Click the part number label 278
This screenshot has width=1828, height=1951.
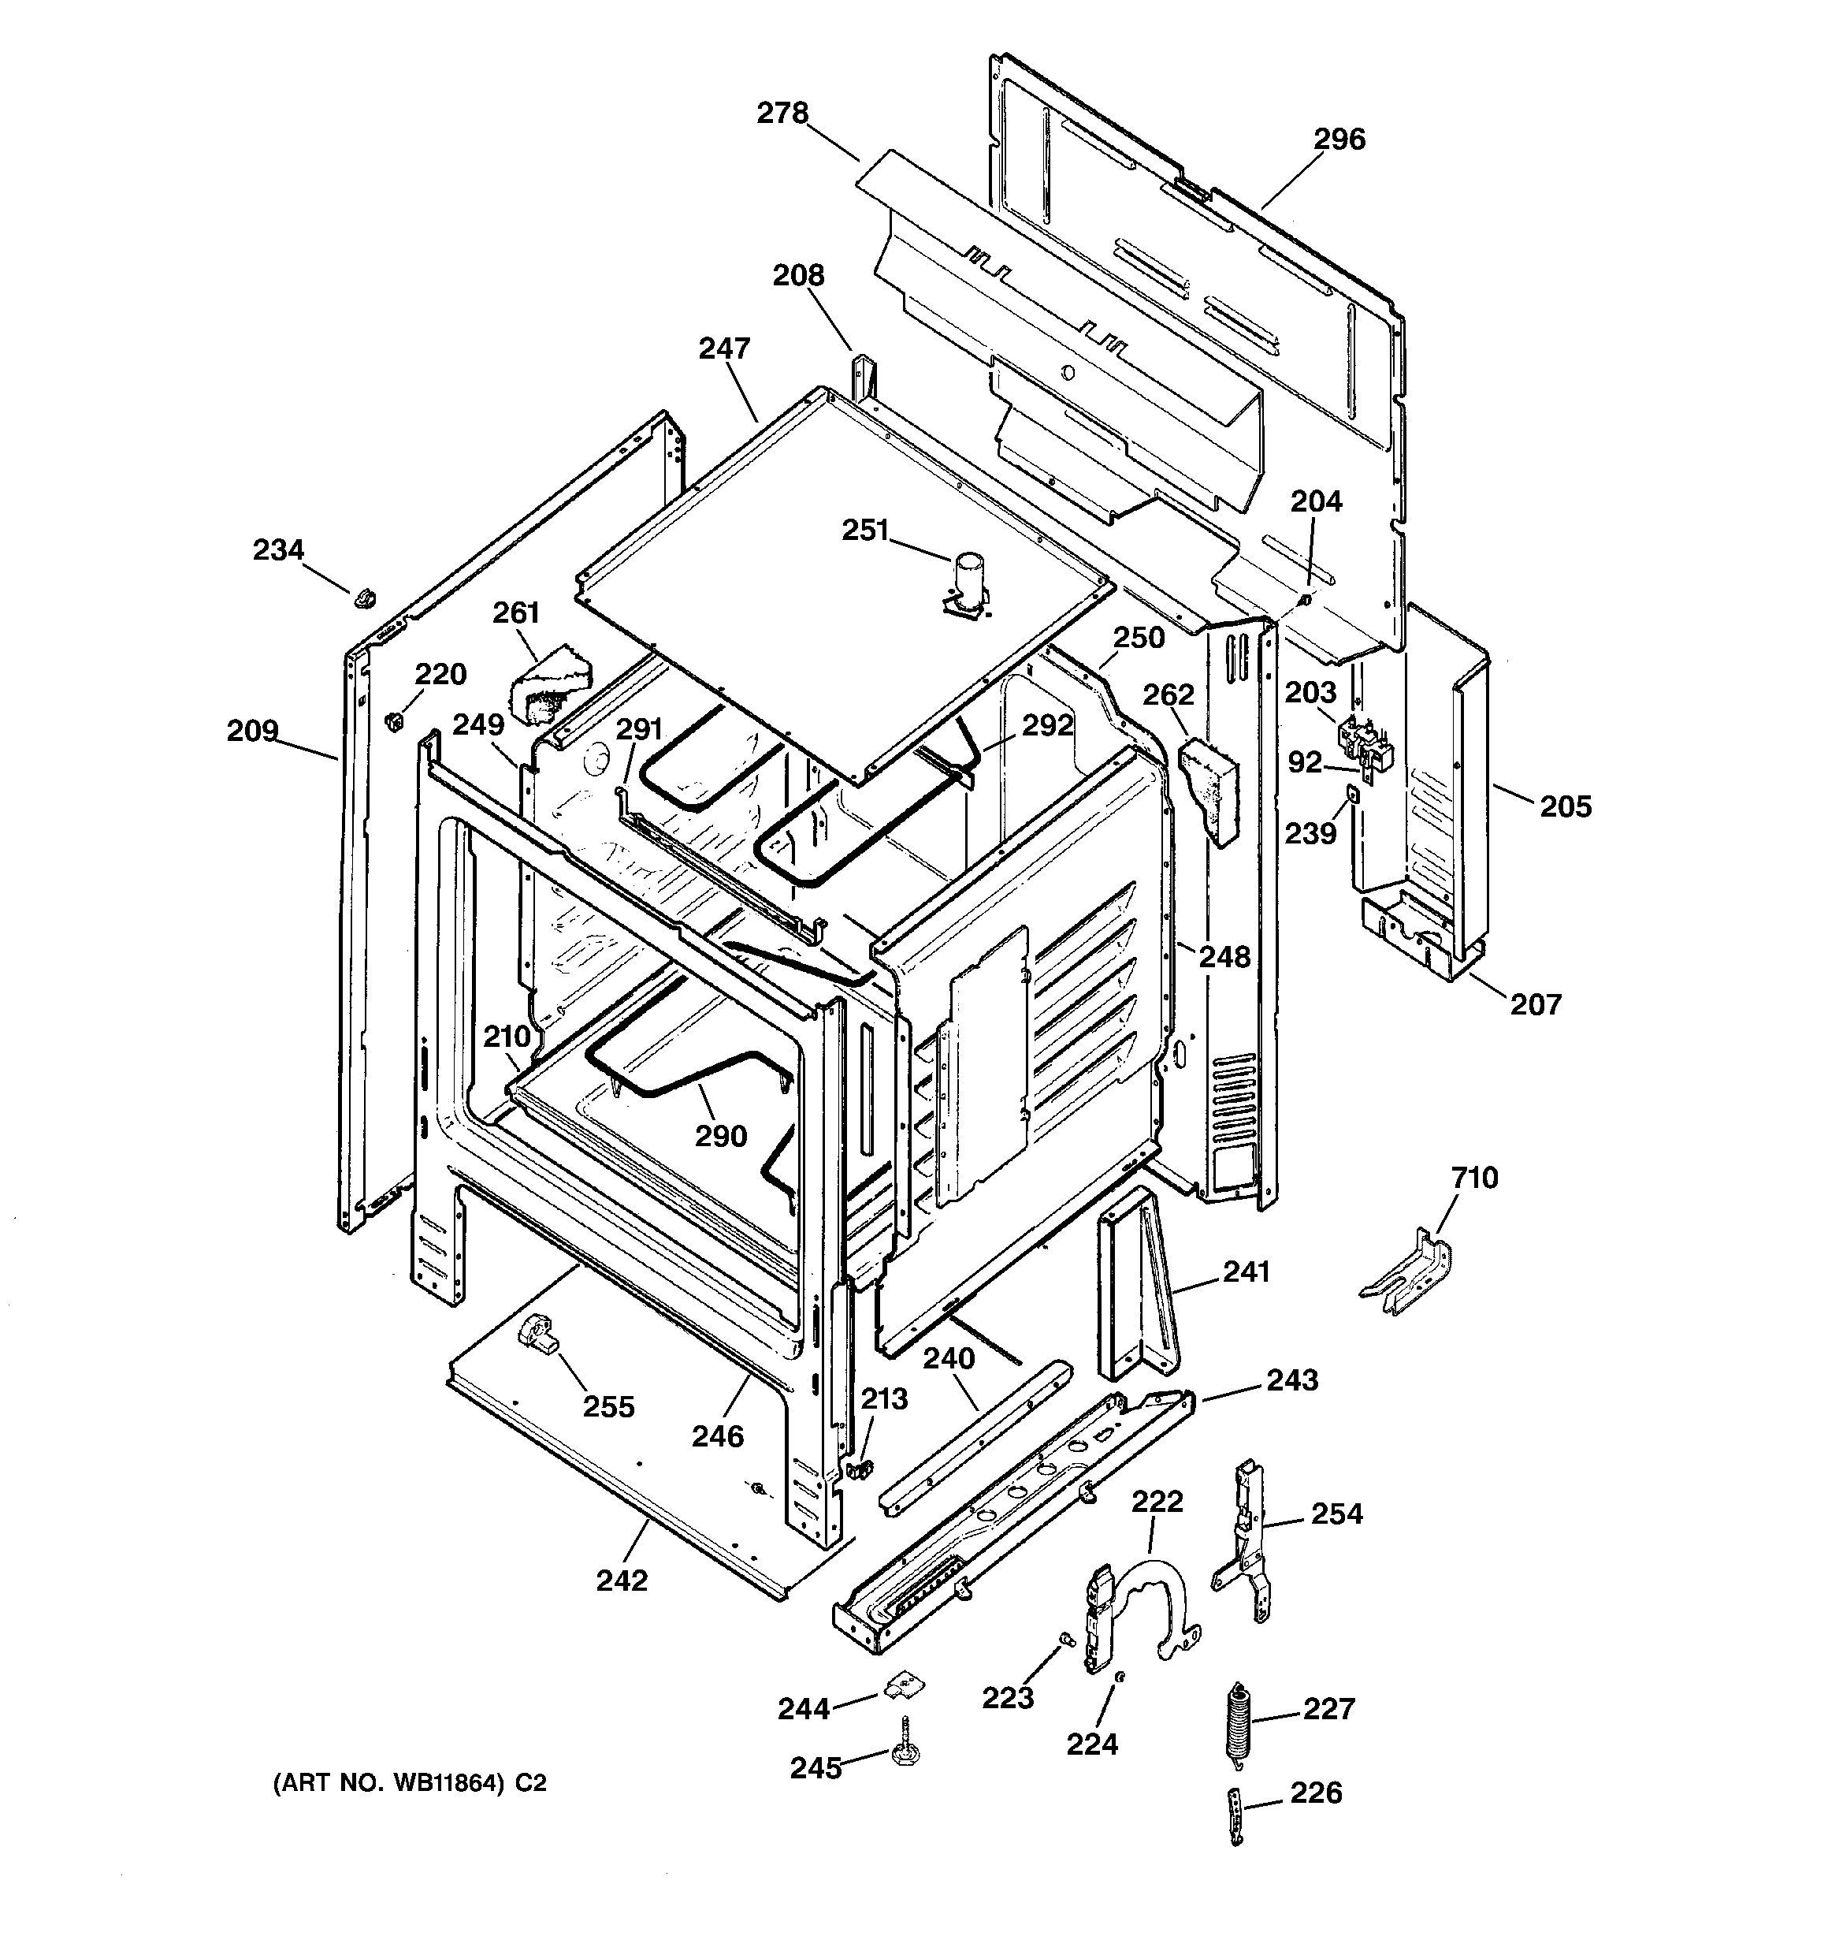[782, 114]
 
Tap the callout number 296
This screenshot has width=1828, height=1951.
[1339, 140]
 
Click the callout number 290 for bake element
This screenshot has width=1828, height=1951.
[721, 1137]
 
